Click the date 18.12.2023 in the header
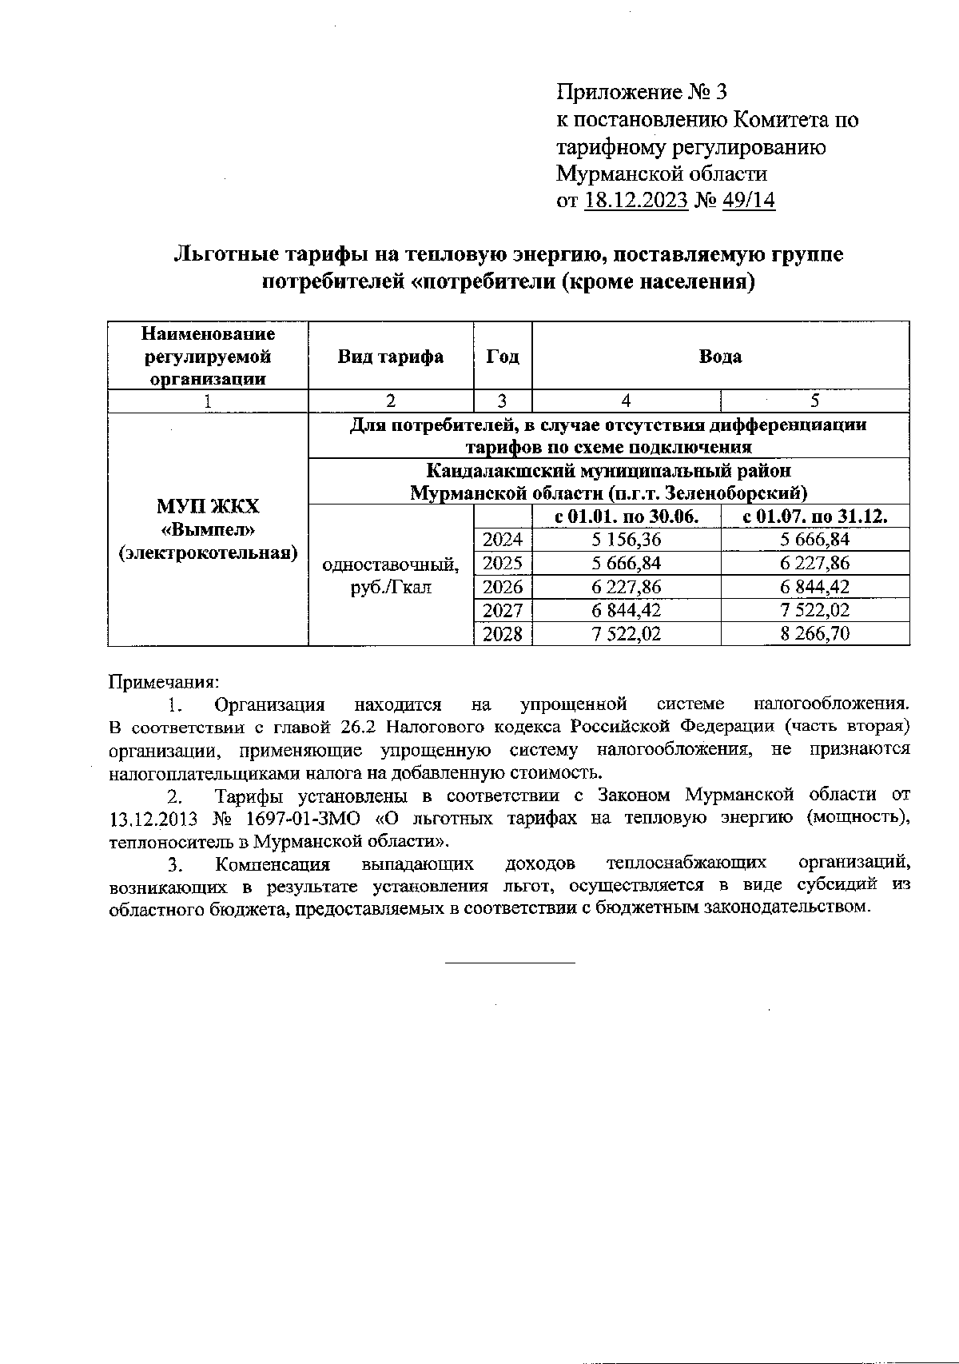point(636,200)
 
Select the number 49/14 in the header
point(748,200)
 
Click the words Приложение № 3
point(642,93)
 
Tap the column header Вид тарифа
point(390,357)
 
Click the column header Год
point(503,357)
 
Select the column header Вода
point(720,357)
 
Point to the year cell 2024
point(503,540)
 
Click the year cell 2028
point(503,634)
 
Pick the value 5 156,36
point(626,540)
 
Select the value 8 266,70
point(815,634)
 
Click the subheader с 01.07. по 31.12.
point(815,516)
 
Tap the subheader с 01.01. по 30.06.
point(626,516)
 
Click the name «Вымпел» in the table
point(208,529)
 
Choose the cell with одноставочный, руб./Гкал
point(390,576)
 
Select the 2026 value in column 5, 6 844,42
point(815,587)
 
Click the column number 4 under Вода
point(626,401)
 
